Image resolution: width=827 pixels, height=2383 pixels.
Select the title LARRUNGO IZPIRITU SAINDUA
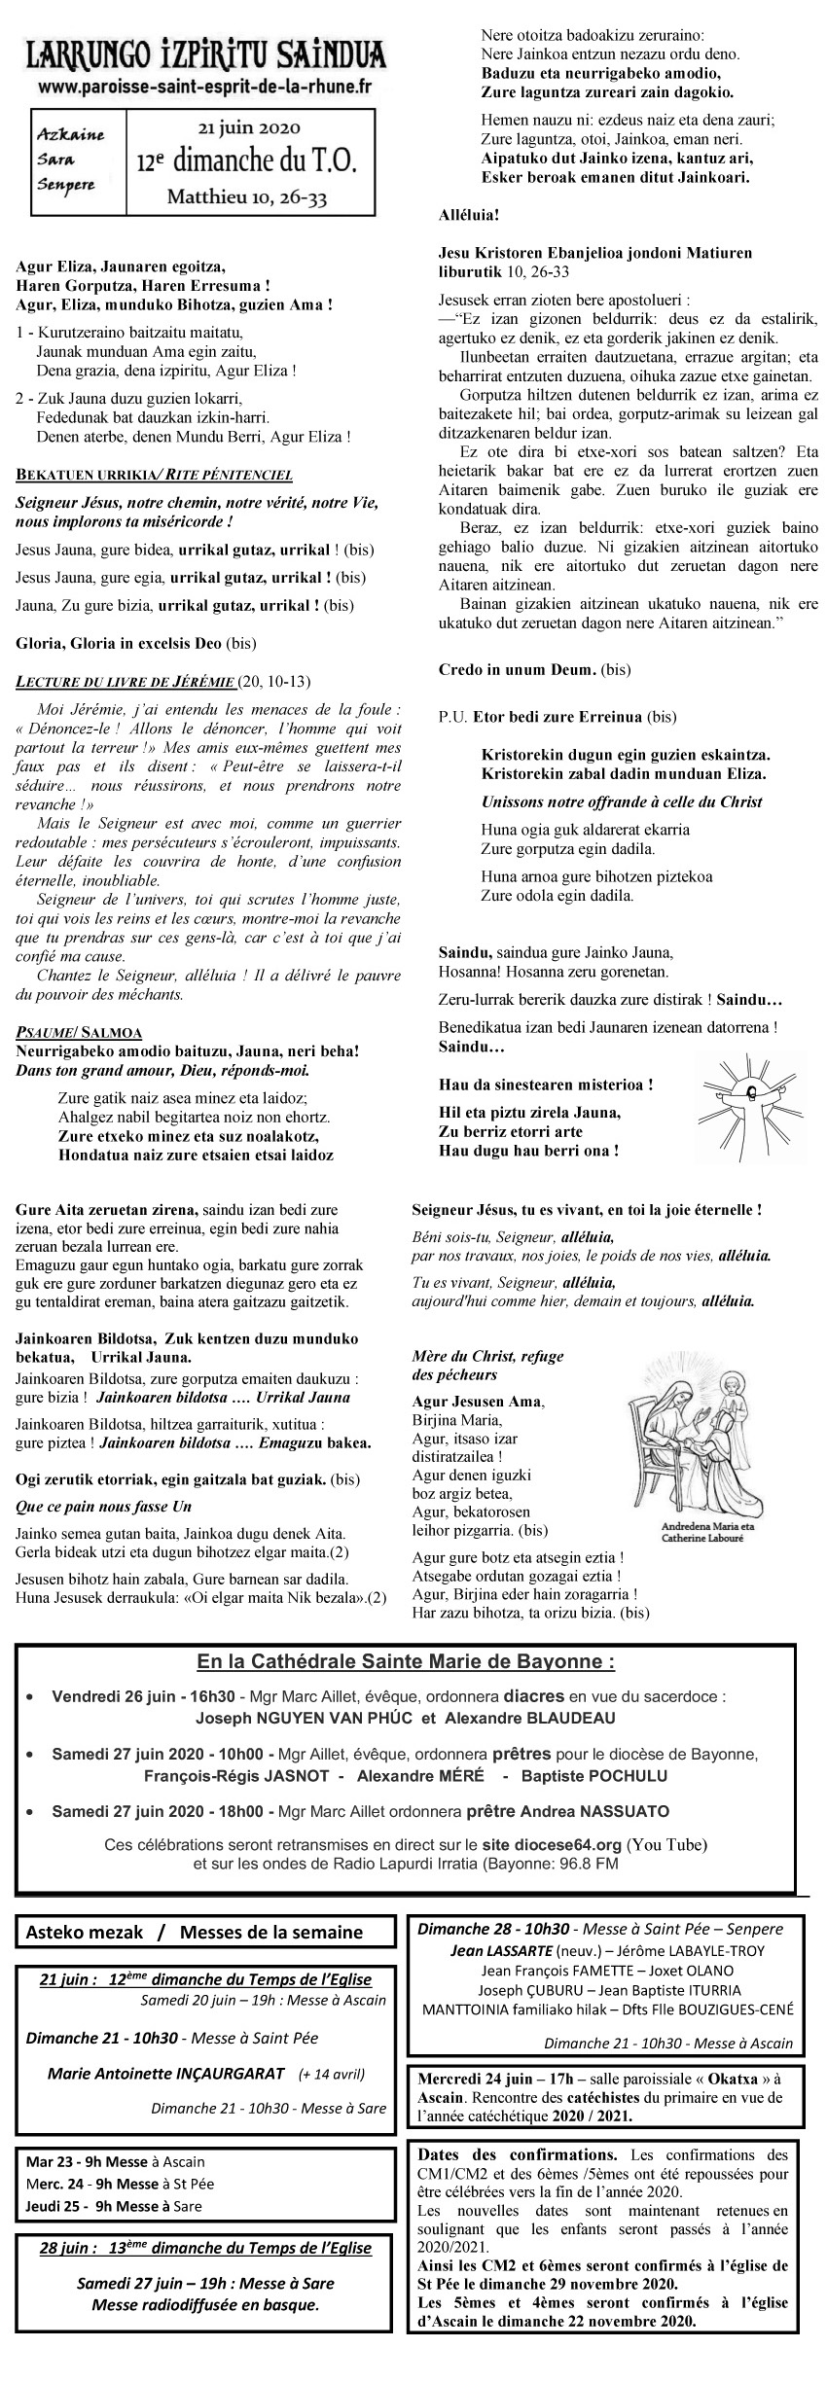click(x=205, y=54)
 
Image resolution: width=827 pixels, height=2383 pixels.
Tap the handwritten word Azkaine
click(x=67, y=133)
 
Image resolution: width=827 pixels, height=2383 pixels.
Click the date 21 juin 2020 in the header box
click(x=250, y=127)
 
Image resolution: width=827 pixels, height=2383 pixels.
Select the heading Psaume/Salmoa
click(x=80, y=1032)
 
